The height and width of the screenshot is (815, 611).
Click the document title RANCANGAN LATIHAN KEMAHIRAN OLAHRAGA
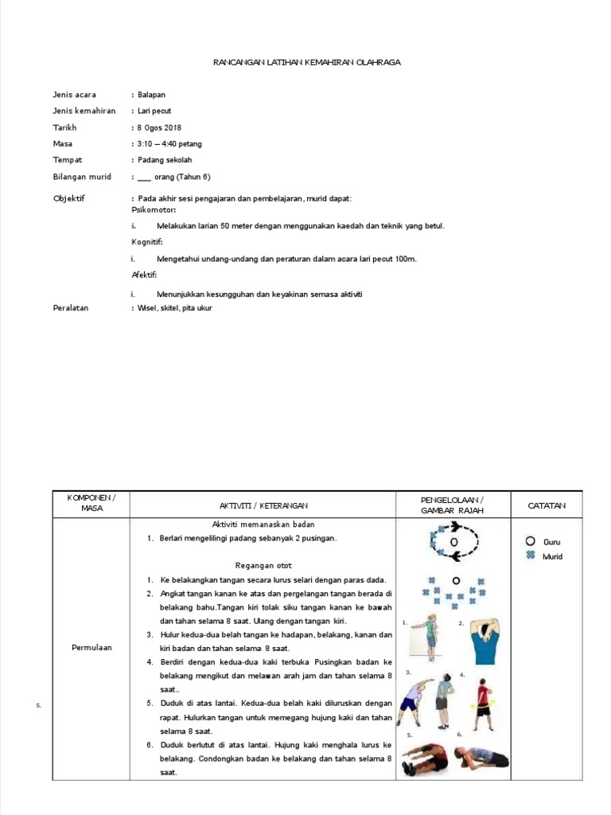[x=307, y=62]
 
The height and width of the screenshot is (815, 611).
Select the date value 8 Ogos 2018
[x=161, y=127]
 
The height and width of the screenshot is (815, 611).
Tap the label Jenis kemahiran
[x=84, y=111]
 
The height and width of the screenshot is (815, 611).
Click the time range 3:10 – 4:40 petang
[x=170, y=144]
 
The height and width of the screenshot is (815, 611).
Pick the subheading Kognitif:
[x=147, y=241]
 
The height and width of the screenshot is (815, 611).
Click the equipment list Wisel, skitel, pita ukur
[x=175, y=308]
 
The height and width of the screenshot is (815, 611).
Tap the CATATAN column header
[x=547, y=505]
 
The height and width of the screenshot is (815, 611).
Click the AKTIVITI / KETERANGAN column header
[x=263, y=505]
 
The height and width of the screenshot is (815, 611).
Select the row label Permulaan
[x=91, y=647]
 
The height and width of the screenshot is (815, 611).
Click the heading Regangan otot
[x=263, y=565]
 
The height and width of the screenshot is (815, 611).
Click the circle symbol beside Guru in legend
[x=530, y=541]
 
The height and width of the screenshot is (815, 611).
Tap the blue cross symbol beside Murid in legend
[x=530, y=556]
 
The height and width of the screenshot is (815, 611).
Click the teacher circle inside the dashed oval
[x=454, y=542]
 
